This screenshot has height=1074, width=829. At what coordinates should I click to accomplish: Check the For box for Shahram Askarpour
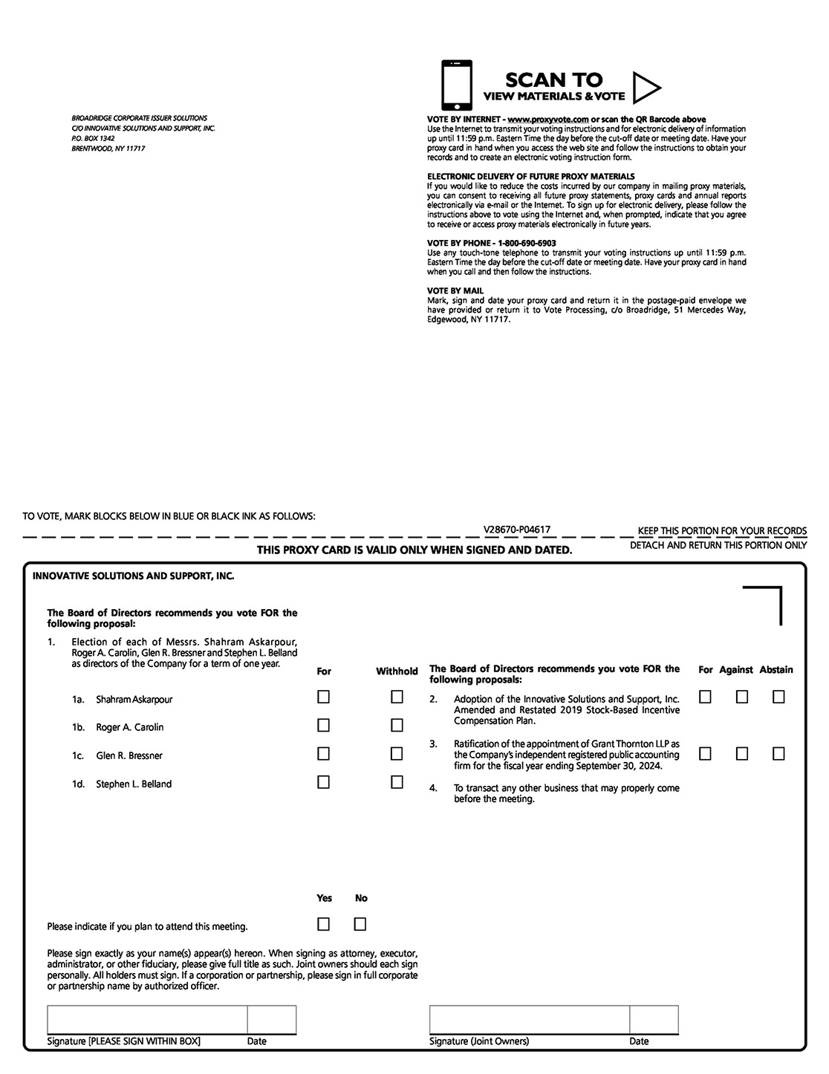(x=323, y=697)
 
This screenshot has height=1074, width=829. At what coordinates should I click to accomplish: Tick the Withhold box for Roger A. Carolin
(x=397, y=725)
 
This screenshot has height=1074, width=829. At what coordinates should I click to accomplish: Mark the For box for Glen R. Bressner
(x=323, y=753)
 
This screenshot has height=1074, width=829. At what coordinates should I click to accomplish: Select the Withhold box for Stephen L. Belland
(x=397, y=781)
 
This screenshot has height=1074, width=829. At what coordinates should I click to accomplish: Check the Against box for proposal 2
(x=741, y=697)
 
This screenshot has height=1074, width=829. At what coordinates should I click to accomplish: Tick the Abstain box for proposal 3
(x=778, y=753)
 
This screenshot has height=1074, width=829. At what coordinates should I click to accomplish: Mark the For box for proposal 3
(x=705, y=753)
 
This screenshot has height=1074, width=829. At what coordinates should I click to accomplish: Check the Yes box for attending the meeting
(x=323, y=924)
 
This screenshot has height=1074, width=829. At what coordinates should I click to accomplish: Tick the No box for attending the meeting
(x=360, y=924)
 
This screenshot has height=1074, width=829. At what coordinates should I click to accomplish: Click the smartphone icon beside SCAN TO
(x=456, y=85)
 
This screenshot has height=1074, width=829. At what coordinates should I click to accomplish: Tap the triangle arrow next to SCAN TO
(x=645, y=88)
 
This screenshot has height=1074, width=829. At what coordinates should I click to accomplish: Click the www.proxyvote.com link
(x=548, y=120)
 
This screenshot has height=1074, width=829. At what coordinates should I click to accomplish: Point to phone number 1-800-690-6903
(x=527, y=243)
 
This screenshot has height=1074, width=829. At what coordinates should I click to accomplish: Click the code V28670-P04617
(x=516, y=530)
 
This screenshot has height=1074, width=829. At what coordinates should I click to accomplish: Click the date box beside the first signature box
(x=271, y=1019)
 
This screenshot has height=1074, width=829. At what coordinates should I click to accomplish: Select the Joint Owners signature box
(x=529, y=1019)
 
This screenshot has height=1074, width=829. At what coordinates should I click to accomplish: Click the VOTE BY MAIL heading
(x=455, y=290)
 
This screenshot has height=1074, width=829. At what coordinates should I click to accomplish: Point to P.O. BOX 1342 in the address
(x=93, y=138)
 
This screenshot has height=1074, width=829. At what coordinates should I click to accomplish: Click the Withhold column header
(x=397, y=671)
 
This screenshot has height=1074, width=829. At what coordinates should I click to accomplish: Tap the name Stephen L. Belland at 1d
(x=134, y=784)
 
